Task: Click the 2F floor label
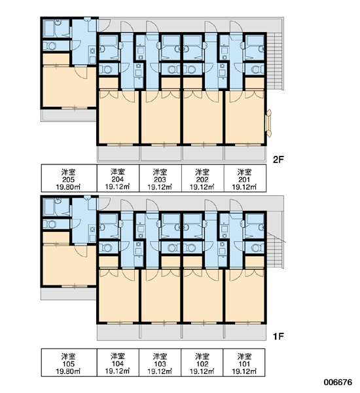pos(278,159)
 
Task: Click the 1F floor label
pos(278,337)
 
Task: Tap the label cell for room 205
pos(69,178)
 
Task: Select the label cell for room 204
pos(118,178)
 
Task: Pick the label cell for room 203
pos(160,178)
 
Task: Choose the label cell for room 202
pos(203,178)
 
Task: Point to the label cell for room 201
pos(245,178)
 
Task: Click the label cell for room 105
pos(69,362)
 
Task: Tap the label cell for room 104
pos(118,362)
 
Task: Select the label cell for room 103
pos(160,362)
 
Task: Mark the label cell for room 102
pos(202,362)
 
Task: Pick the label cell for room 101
pos(244,362)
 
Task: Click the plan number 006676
pos(338,383)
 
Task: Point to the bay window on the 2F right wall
pos(268,123)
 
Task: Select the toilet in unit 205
pos(50,46)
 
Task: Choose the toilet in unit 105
pos(50,224)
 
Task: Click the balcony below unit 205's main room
pos(69,115)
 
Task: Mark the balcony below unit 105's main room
pos(69,293)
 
